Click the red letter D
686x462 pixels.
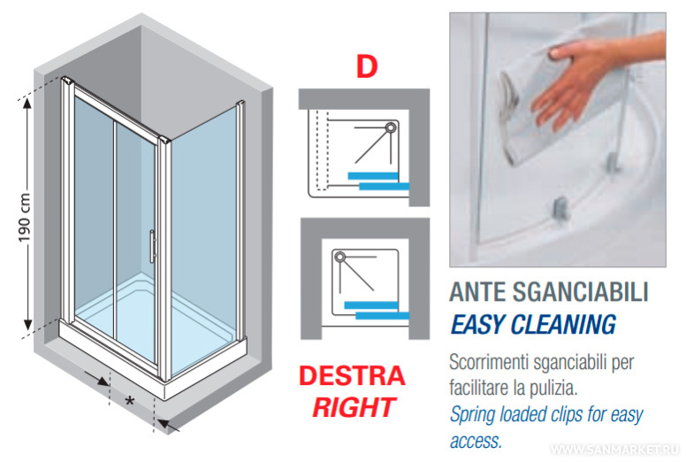coord(367,67)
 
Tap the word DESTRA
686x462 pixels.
coord(352,376)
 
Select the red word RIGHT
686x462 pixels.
coord(354,407)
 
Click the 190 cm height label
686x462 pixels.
coord(25,217)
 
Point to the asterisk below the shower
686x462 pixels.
coord(130,401)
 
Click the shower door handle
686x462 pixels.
coord(152,246)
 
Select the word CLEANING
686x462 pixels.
coord(563,325)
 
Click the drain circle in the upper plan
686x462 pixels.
coord(390,127)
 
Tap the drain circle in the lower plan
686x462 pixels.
coord(340,257)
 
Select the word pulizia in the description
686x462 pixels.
coord(556,388)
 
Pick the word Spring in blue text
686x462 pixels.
coord(472,415)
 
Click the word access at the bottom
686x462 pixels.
coord(475,441)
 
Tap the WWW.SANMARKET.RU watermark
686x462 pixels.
coord(614,450)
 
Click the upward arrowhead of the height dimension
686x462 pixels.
coord(27,104)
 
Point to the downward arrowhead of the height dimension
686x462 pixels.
coord(27,325)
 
